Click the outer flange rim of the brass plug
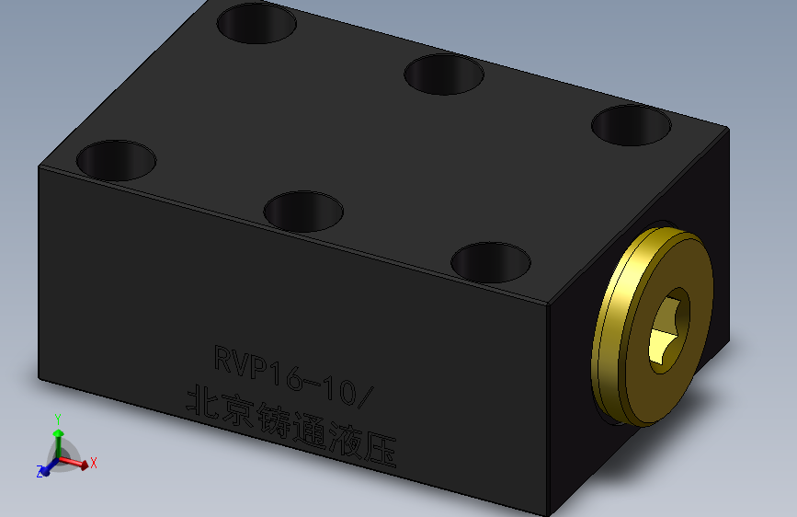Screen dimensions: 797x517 605,326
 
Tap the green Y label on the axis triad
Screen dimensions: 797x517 58,419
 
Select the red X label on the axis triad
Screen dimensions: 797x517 94,463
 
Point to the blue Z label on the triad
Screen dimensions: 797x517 40,472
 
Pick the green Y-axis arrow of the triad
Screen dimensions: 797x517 59,443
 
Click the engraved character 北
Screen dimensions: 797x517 203,400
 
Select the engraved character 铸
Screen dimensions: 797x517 273,419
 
